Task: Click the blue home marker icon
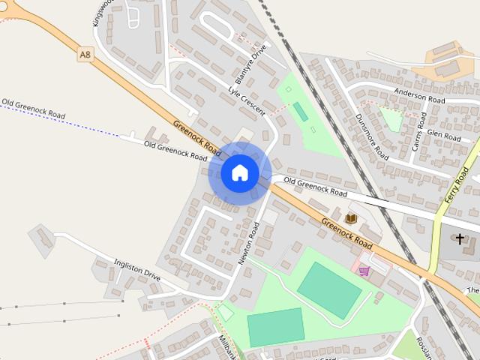(x=240, y=172)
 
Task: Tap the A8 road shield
(x=85, y=55)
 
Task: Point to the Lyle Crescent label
(x=247, y=101)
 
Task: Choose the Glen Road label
(x=443, y=136)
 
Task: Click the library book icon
(x=351, y=218)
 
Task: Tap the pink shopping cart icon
(x=364, y=271)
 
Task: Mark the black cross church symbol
(x=460, y=238)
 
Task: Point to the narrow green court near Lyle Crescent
(x=300, y=112)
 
